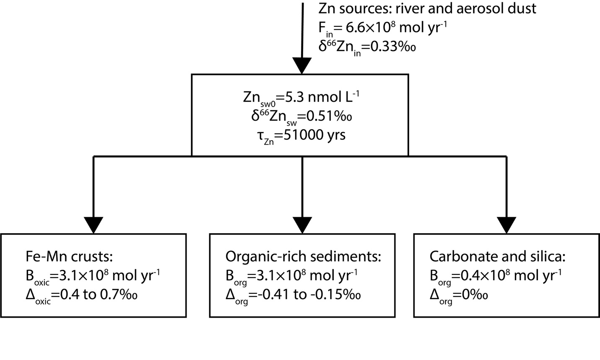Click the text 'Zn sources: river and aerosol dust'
(x=427, y=9)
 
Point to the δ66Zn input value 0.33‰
(x=394, y=46)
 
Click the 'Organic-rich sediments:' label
(x=303, y=256)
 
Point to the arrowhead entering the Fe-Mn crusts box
(x=94, y=224)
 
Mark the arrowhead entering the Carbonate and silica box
(x=506, y=224)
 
